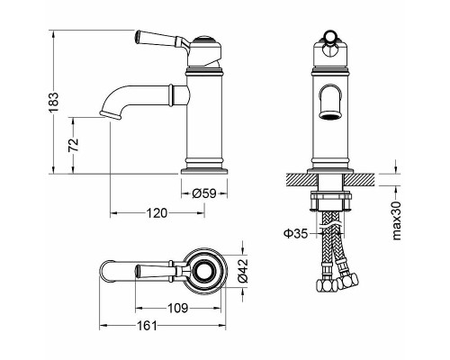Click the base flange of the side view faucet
(207, 168)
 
